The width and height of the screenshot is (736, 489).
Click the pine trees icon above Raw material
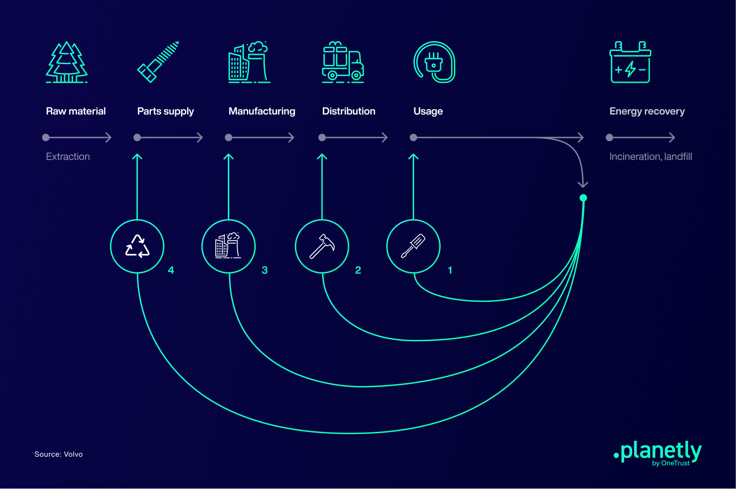[x=66, y=62]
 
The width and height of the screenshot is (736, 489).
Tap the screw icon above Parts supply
[x=158, y=62]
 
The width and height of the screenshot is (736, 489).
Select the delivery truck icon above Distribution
[x=343, y=62]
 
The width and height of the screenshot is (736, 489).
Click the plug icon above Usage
[x=434, y=62]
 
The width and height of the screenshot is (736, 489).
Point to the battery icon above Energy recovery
[x=630, y=62]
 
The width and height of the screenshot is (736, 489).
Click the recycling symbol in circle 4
[x=138, y=246]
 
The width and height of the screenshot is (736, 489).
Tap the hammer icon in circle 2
[x=322, y=246]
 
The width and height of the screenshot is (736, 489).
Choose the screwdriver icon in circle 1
[x=414, y=246]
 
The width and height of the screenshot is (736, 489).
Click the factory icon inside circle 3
[x=228, y=246]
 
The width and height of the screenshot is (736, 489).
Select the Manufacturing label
[x=262, y=111]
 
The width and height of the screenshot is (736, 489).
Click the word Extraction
[x=68, y=156]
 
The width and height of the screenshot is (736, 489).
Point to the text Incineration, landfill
[x=651, y=156]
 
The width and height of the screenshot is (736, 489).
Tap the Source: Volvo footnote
[x=58, y=454]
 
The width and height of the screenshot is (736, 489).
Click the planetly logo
[x=657, y=453]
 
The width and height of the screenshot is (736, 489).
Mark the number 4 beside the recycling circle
[x=171, y=270]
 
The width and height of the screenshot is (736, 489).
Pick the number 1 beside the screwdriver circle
[x=450, y=270]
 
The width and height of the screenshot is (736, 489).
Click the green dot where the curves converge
[x=583, y=198]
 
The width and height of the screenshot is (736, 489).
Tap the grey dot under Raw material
[x=46, y=137]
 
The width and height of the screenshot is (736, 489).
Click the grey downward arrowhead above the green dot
[x=583, y=185]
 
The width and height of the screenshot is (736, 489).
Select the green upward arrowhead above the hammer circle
[x=322, y=156]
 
